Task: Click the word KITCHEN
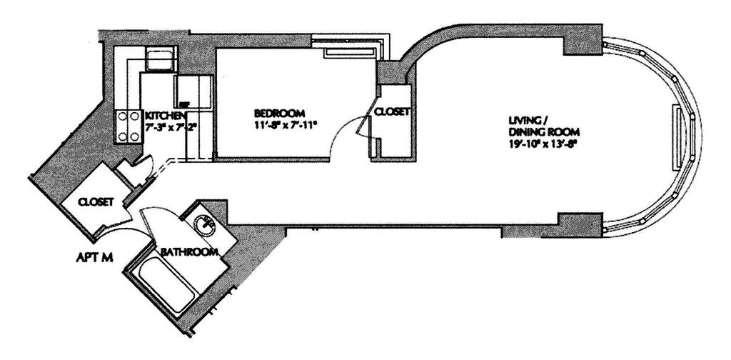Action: point(165,116)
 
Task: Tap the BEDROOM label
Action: point(280,113)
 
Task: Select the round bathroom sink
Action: point(206,224)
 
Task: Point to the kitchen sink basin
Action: point(158,59)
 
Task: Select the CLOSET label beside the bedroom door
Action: point(390,112)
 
